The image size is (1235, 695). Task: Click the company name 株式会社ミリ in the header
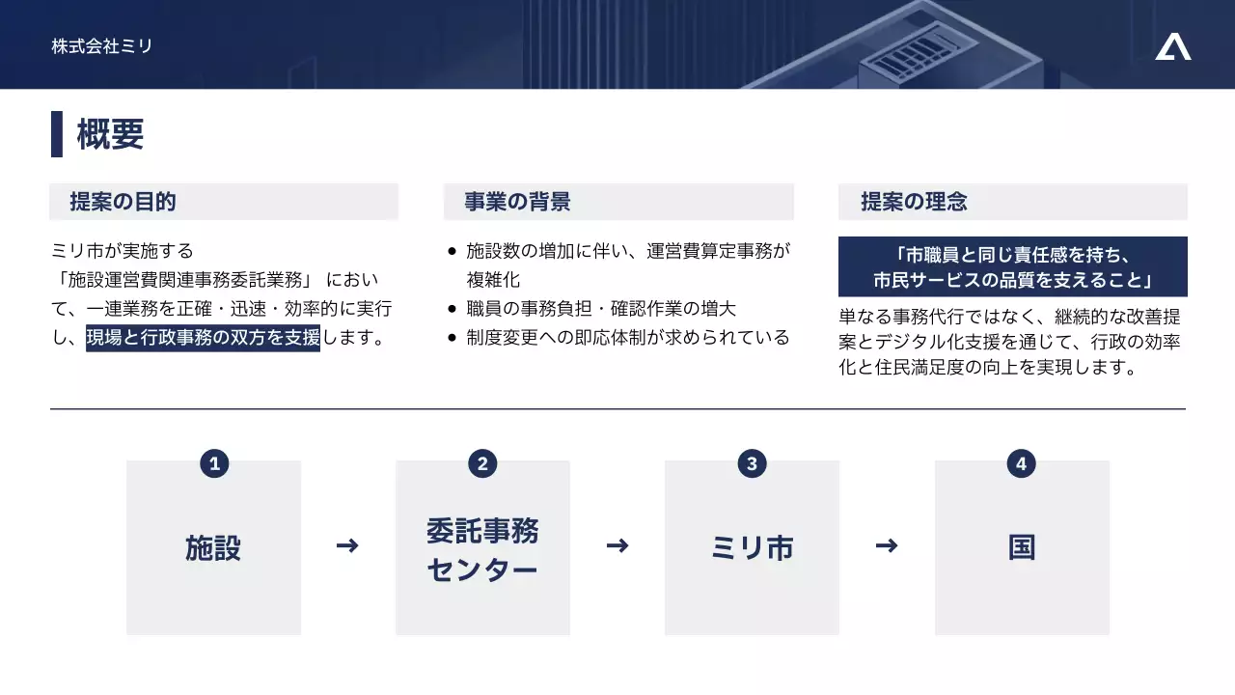point(102,45)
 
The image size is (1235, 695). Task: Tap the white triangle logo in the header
point(1172,46)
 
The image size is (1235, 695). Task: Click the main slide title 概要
point(110,134)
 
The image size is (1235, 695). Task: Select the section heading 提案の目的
point(123,202)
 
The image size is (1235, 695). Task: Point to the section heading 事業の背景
point(517,202)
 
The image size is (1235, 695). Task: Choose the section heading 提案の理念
point(913,202)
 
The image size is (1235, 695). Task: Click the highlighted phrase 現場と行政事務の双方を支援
point(203,338)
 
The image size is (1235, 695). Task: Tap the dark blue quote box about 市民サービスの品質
point(1012,267)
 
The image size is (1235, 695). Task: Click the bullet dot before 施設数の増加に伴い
point(452,252)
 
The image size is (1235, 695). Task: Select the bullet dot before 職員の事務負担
point(452,310)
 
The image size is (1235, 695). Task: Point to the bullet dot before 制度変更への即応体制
point(452,339)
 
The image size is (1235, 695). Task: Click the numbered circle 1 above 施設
point(213,463)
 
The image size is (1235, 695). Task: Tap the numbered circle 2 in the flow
point(481,463)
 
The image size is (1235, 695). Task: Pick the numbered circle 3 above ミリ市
point(751,463)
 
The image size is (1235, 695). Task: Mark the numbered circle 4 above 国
point(1021,463)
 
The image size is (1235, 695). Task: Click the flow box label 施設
point(213,547)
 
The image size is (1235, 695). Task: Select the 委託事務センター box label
point(482,549)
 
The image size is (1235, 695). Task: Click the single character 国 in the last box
point(1022,547)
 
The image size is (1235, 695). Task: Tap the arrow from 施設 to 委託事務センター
point(347,546)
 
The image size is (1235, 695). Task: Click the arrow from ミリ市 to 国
point(886,546)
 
